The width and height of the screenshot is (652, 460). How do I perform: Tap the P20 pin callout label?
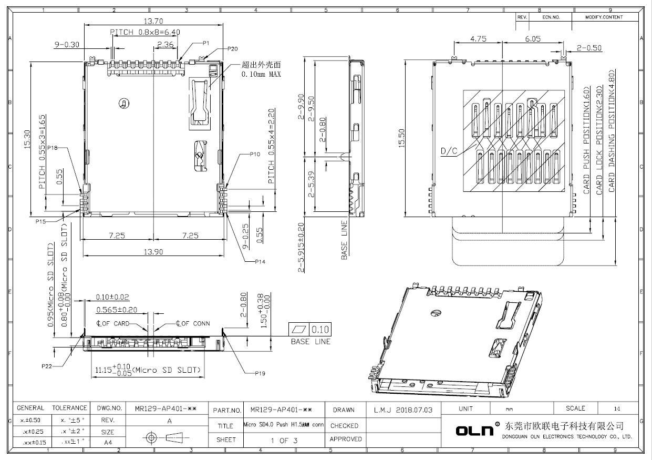[x=232, y=48]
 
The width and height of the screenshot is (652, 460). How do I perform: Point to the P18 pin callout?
[x=52, y=148]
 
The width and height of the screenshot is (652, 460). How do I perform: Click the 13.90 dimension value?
[x=153, y=252]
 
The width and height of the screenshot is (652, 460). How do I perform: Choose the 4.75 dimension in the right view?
[x=478, y=39]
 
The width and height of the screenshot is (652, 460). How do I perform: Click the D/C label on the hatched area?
[x=449, y=151]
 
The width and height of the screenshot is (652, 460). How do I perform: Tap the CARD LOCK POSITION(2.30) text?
[x=599, y=142]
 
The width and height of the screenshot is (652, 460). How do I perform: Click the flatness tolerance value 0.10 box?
[x=320, y=330]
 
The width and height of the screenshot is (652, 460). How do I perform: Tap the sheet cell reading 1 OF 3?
[x=284, y=441]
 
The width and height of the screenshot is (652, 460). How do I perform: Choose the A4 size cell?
[x=108, y=443]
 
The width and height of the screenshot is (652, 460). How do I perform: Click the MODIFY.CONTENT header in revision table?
[x=604, y=17]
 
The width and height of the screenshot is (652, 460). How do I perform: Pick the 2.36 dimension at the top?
[x=165, y=45]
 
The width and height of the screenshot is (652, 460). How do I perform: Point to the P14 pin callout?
[x=260, y=261]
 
